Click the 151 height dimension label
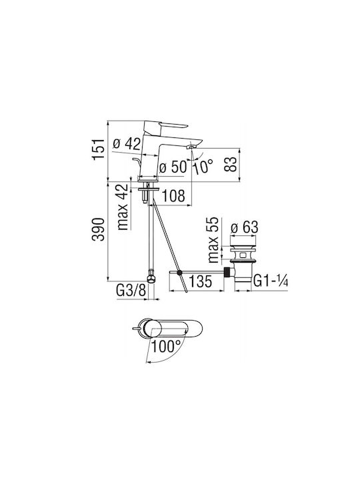[x=98, y=149]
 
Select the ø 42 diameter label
[x=127, y=143]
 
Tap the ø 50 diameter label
[x=173, y=167]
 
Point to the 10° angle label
[x=203, y=167]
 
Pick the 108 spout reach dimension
[x=173, y=196]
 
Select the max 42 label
[x=123, y=207]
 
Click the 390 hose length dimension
[x=98, y=229]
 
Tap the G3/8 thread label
[x=131, y=291]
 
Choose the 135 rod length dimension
[x=200, y=281]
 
